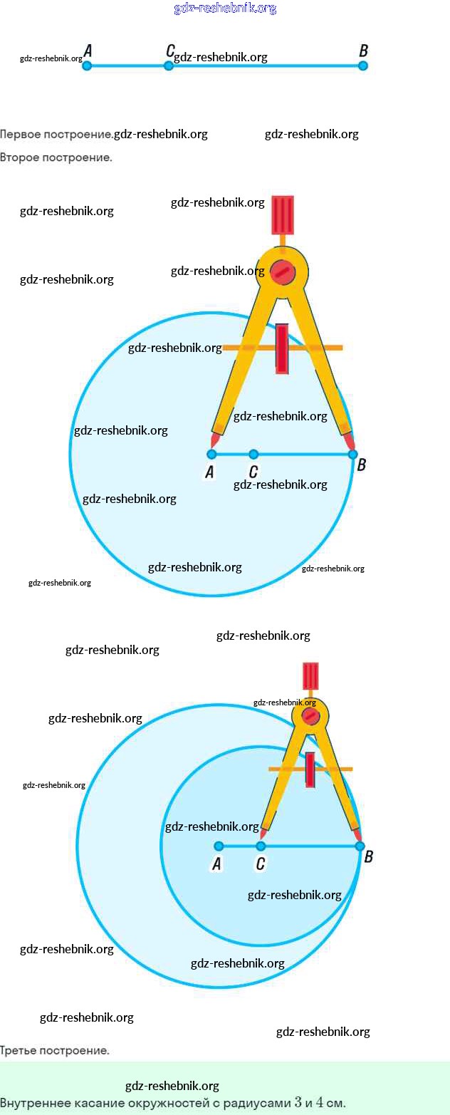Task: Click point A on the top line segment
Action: (x=87, y=66)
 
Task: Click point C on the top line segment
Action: (x=169, y=66)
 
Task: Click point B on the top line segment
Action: (x=362, y=66)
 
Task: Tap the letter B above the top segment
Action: (x=363, y=51)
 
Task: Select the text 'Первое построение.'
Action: (x=56, y=134)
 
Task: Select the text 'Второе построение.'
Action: (x=56, y=157)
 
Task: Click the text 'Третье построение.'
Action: (x=55, y=1050)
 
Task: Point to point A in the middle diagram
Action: (x=211, y=454)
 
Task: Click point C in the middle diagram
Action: (x=253, y=454)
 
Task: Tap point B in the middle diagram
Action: (x=352, y=454)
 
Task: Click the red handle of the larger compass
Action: (x=283, y=214)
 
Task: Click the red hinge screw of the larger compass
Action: (x=282, y=271)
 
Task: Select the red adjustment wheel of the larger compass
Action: (x=282, y=348)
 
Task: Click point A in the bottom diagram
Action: (x=219, y=846)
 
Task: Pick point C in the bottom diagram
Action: (x=261, y=846)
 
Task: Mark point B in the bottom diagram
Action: (x=360, y=846)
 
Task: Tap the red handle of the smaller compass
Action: (x=310, y=676)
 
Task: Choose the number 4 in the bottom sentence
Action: (x=320, y=1102)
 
